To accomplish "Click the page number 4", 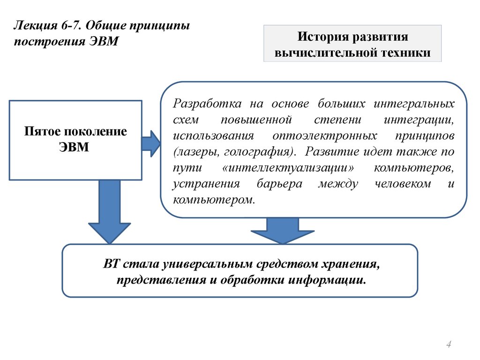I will [x=449, y=345].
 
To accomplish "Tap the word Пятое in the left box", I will [x=45, y=131].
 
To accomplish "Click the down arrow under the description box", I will [x=282, y=230].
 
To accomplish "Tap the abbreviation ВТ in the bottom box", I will [x=112, y=263].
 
